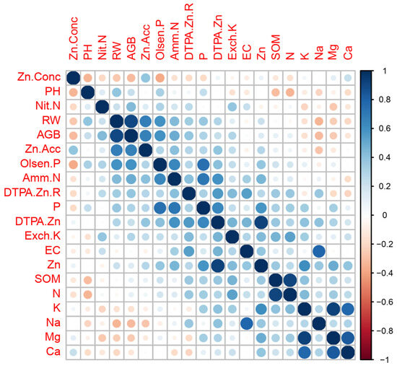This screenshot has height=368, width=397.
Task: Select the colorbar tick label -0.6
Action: pos(381,301)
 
